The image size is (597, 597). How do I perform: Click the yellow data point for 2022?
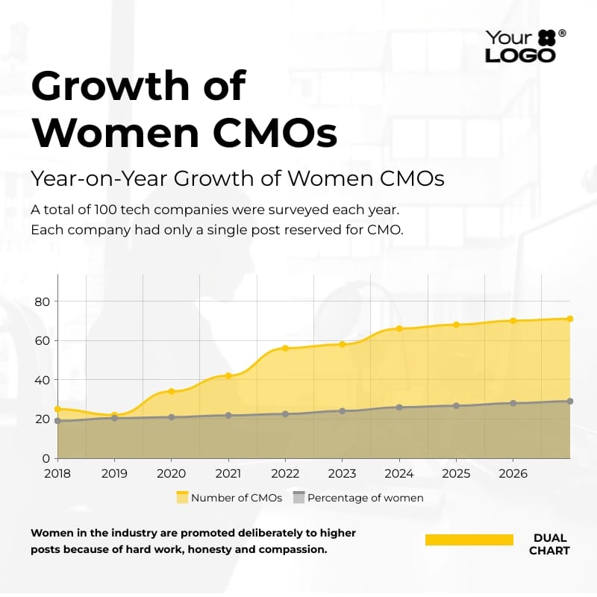(x=285, y=348)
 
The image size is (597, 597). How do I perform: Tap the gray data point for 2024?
(x=399, y=407)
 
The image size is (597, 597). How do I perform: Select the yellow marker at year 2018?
(x=57, y=409)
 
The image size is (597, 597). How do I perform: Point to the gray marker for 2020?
(x=172, y=417)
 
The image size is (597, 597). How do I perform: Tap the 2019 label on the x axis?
(x=114, y=474)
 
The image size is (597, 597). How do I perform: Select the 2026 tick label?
(x=513, y=474)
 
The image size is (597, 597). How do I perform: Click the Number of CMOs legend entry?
(x=229, y=498)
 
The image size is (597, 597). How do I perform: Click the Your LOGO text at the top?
(x=520, y=46)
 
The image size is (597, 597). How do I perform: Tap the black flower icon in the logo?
(x=546, y=37)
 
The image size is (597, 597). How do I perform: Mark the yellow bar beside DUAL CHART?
(x=469, y=540)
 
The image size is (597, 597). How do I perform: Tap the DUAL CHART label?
(x=550, y=544)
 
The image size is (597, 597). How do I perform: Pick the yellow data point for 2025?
(x=456, y=325)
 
